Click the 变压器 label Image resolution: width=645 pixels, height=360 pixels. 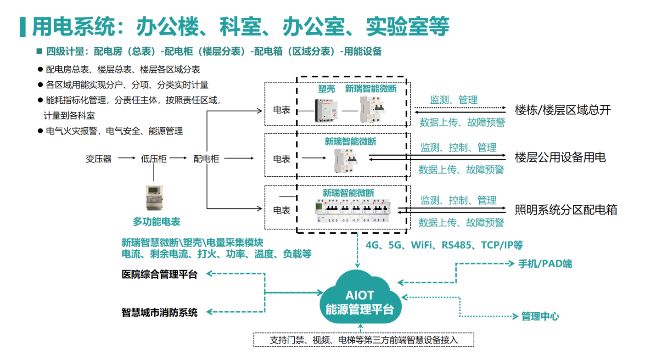tap(99, 159)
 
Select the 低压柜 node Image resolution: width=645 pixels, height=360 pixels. tap(154, 159)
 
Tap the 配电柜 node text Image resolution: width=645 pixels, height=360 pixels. tap(206, 159)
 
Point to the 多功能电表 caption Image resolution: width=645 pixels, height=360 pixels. tap(157, 222)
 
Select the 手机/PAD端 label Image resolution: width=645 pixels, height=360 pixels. tap(545, 264)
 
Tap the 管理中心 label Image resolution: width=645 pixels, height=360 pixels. tap(540, 316)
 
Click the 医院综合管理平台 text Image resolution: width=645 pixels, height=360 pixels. tap(159, 275)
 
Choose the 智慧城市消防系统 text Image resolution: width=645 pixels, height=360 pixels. tap(159, 312)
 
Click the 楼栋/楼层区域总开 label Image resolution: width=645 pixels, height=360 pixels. tap(563, 110)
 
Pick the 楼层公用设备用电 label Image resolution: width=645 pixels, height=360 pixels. tap(560, 157)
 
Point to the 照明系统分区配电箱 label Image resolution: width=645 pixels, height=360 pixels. tap(566, 210)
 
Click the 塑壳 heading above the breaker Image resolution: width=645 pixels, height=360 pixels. tap(326, 89)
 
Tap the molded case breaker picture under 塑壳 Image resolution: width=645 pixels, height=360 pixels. tap(326, 111)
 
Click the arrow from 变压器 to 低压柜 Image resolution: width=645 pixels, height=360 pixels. tap(127, 158)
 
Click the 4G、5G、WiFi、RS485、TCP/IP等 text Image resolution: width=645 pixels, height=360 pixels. tap(444, 245)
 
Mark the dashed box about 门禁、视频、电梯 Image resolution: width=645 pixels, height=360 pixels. tap(363, 340)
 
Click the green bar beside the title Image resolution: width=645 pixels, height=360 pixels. tap(22, 27)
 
